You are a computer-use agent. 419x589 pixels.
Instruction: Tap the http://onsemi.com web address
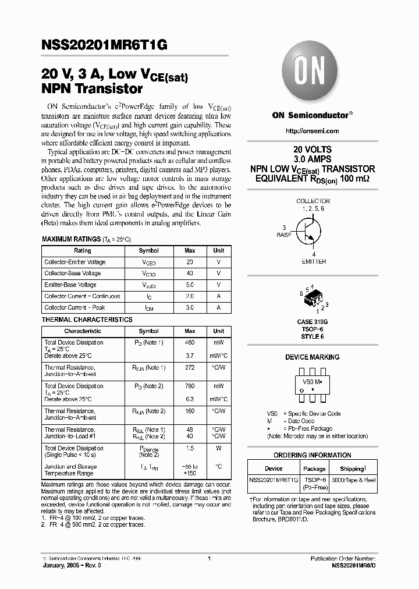(x=311, y=130)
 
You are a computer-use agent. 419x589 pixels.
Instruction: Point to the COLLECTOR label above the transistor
(x=313, y=201)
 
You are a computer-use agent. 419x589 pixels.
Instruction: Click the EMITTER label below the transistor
(x=314, y=262)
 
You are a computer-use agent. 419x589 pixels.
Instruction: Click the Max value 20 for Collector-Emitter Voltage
(x=190, y=262)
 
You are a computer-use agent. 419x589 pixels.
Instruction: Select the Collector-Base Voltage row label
(x=73, y=274)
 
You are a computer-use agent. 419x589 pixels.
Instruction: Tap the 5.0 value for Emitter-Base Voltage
(x=190, y=285)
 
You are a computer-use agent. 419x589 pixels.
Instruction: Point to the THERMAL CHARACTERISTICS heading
(x=87, y=320)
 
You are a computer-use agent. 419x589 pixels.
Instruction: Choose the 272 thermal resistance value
(x=190, y=368)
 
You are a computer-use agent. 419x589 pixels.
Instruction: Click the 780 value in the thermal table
(x=190, y=386)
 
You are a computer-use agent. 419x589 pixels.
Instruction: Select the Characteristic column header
(x=82, y=331)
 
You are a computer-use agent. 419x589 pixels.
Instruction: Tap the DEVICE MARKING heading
(x=313, y=357)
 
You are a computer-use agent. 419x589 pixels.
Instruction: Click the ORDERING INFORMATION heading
(x=313, y=455)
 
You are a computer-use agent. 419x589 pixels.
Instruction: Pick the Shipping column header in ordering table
(x=353, y=468)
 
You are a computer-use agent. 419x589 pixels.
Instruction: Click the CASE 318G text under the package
(x=313, y=322)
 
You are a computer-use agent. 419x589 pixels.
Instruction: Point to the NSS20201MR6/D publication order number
(x=348, y=565)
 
